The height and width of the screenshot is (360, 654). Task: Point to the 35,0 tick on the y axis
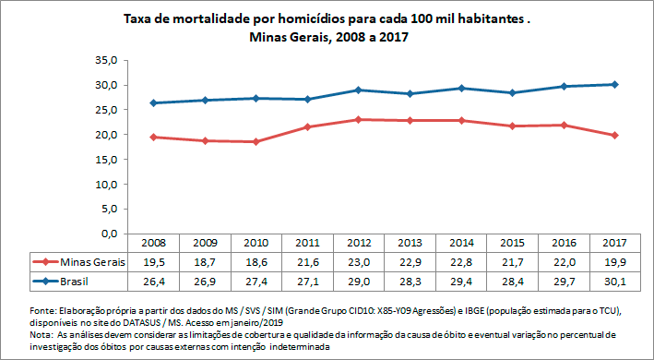[x=105, y=60]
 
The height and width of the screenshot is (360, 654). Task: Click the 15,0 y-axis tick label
[x=105, y=160]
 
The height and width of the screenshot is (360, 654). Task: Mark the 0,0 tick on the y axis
[x=108, y=234]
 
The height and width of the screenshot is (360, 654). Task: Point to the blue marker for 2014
[x=459, y=88]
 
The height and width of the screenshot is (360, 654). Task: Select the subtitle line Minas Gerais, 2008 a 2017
[x=328, y=38]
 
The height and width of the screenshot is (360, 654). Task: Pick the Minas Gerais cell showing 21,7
[x=510, y=262]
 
